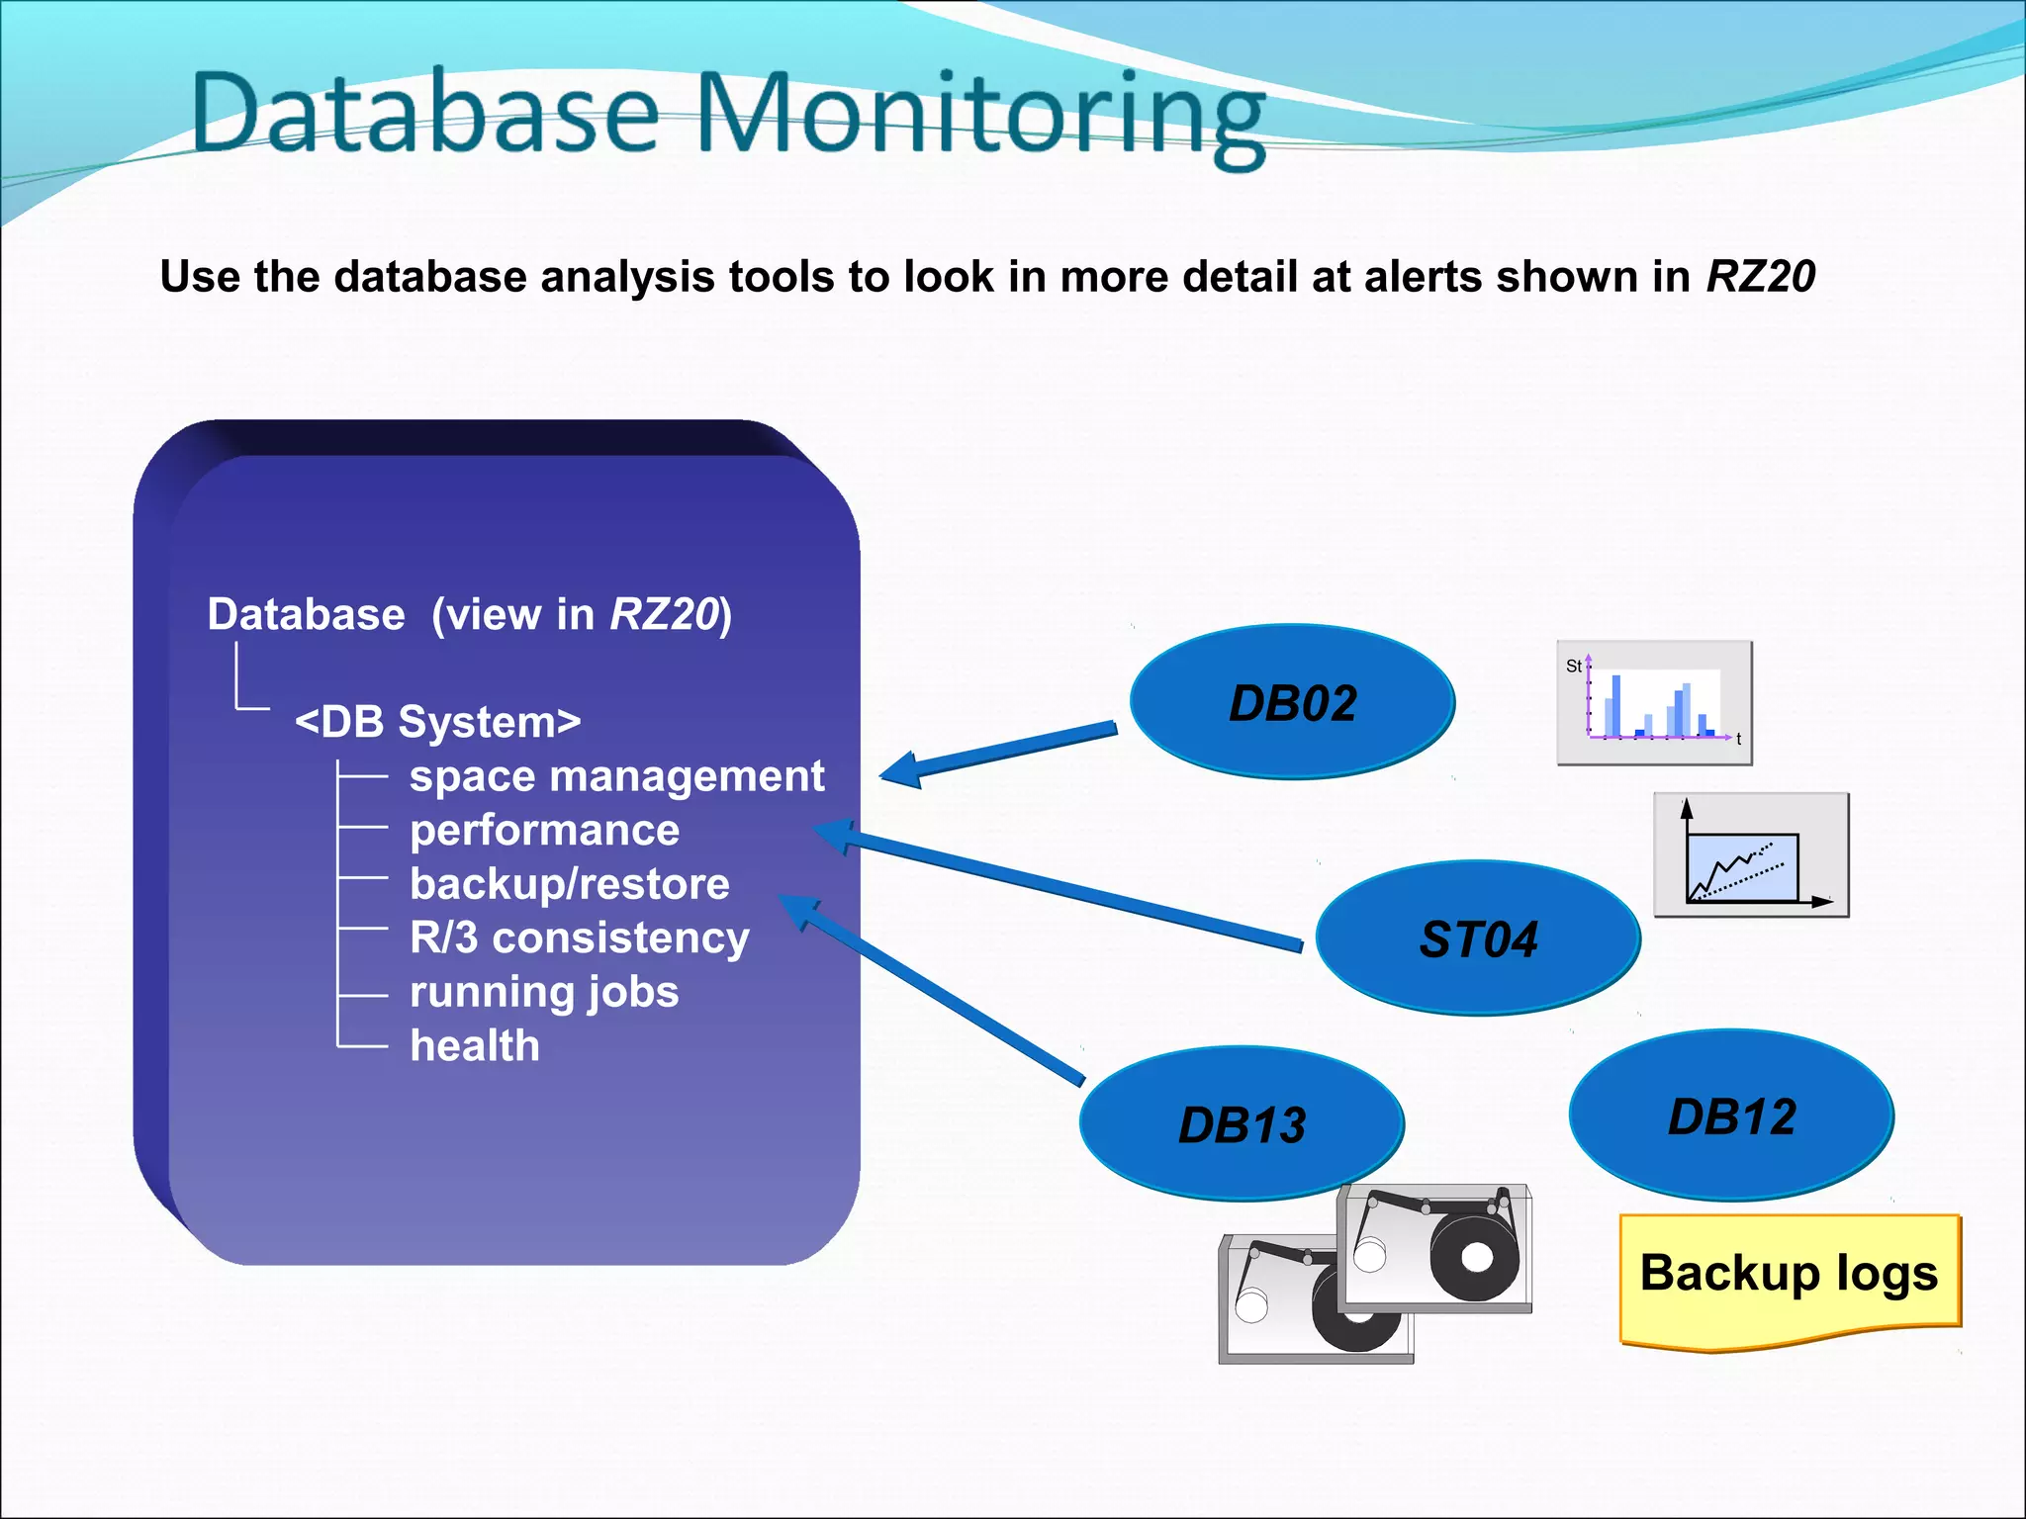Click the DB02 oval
click(1292, 702)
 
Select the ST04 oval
click(1478, 938)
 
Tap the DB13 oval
click(1242, 1124)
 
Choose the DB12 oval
click(1731, 1116)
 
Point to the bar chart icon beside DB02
click(1654, 703)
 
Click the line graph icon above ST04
click(1751, 855)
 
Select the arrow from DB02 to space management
click(999, 754)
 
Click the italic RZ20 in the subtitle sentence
click(1761, 277)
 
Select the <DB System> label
click(438, 722)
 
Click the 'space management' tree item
click(616, 776)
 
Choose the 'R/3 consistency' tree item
click(580, 938)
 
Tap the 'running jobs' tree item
click(544, 992)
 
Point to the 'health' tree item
click(475, 1046)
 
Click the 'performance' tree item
click(544, 831)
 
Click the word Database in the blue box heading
click(306, 614)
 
